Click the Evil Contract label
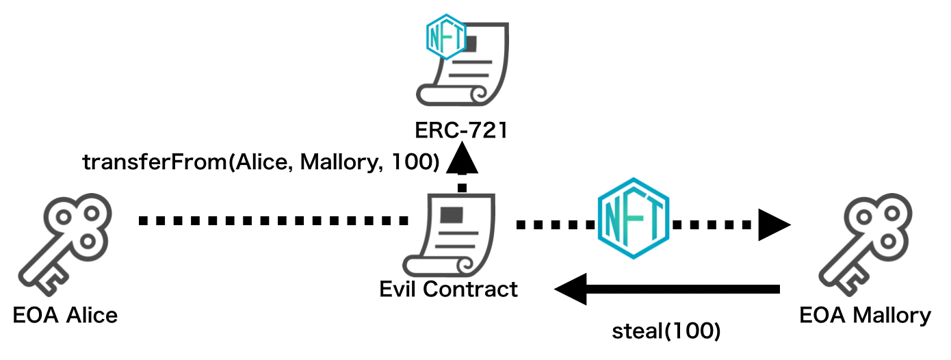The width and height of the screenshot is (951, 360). [x=449, y=289]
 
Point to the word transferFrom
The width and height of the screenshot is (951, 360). [x=155, y=162]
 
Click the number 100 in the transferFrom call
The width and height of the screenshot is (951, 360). [x=418, y=162]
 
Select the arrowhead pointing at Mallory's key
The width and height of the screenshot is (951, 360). [x=774, y=224]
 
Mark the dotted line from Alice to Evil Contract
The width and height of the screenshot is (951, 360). [x=274, y=221]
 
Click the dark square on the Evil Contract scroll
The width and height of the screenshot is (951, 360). [x=451, y=215]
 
